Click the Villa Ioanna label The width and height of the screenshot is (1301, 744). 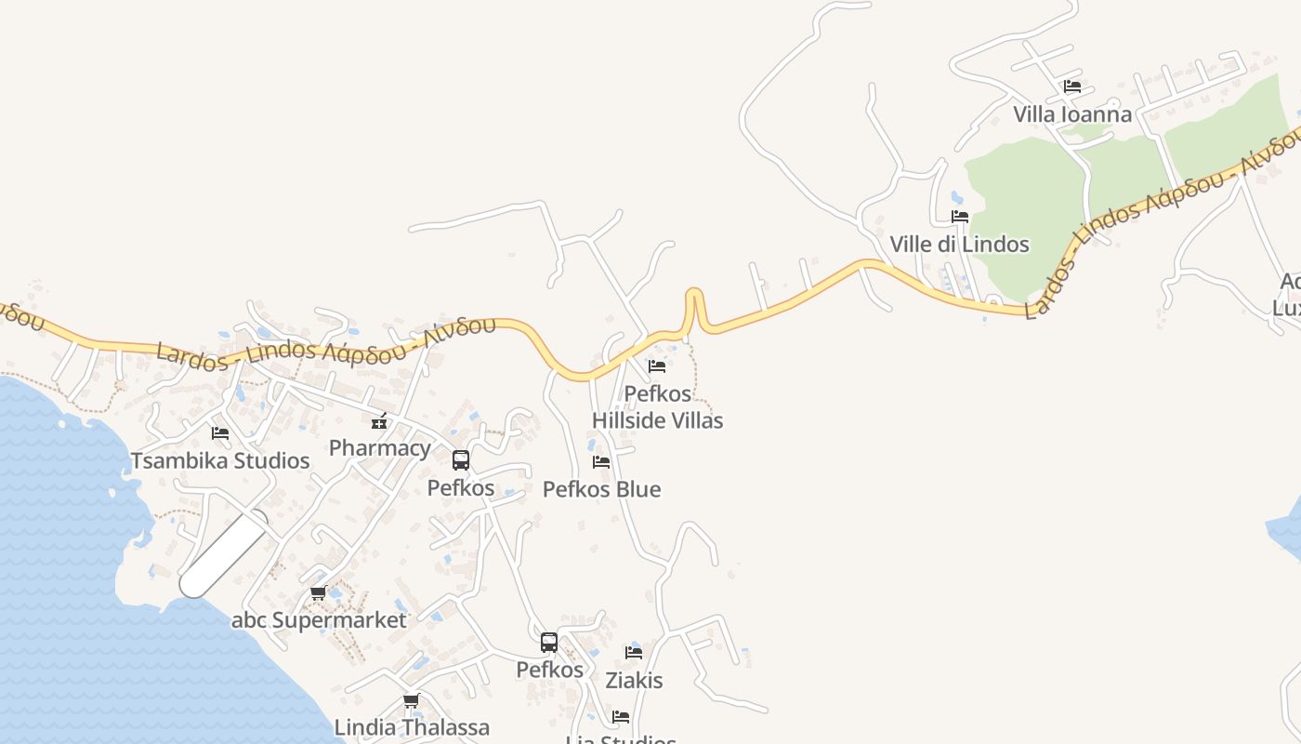1072,114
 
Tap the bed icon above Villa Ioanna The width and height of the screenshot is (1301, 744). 1072,86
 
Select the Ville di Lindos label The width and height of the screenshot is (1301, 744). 959,244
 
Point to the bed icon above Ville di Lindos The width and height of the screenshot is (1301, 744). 960,217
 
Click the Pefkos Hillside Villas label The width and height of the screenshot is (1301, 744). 657,407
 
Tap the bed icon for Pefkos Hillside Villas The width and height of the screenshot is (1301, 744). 657,366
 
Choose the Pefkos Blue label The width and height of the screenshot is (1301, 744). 601,489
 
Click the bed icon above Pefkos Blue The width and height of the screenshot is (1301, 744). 601,462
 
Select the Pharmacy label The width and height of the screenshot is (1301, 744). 380,448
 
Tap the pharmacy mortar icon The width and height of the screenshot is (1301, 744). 379,421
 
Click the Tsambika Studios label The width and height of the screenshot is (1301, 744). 220,460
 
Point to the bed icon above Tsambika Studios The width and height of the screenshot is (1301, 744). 220,433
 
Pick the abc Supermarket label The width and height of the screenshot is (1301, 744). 319,620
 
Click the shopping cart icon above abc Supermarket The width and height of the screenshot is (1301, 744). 319,593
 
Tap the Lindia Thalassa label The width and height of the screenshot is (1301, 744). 412,727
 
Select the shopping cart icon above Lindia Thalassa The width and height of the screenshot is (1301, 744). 412,700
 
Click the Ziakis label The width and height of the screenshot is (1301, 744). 634,680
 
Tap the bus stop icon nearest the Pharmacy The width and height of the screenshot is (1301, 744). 460,459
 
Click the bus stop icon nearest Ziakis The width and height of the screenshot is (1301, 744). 549,642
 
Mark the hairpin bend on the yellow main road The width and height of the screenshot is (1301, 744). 693,296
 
